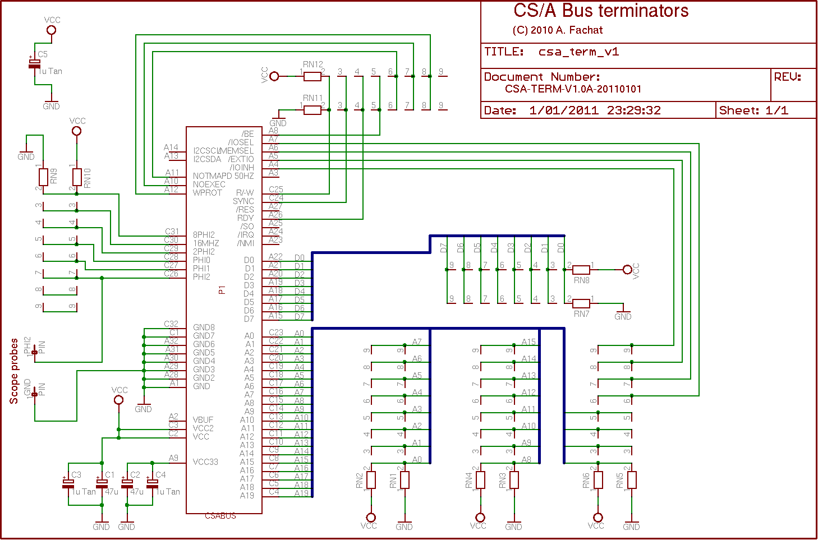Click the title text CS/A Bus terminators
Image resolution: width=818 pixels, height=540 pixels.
tap(601, 11)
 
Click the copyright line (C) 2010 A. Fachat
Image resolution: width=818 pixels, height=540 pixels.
tap(557, 30)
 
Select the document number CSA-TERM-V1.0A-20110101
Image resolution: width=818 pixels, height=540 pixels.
tap(573, 89)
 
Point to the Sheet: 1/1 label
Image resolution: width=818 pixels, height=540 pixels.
tap(753, 110)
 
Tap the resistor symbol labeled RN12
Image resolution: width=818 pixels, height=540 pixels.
tap(313, 76)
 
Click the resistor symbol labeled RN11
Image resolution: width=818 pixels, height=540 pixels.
tap(313, 110)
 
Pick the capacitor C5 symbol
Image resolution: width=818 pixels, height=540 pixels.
tap(35, 64)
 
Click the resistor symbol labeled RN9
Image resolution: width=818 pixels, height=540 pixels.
tap(43, 178)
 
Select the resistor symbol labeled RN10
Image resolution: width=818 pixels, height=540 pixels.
tap(77, 178)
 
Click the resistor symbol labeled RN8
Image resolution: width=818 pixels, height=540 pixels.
tap(581, 270)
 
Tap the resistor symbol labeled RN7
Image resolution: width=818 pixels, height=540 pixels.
tap(581, 303)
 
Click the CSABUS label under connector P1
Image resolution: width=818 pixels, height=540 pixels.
tap(220, 516)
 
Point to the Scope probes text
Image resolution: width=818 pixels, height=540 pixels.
tap(14, 371)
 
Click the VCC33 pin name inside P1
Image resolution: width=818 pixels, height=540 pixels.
tap(205, 462)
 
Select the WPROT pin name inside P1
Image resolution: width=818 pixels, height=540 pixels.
tap(208, 193)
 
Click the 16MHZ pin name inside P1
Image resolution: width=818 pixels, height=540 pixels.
tap(206, 243)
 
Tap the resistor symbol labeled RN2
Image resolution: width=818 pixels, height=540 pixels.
tap(371, 480)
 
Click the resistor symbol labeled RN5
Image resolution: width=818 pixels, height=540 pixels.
tap(632, 480)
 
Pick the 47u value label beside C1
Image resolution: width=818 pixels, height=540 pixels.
tap(112, 492)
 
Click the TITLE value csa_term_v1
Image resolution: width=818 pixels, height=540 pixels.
tap(578, 52)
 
